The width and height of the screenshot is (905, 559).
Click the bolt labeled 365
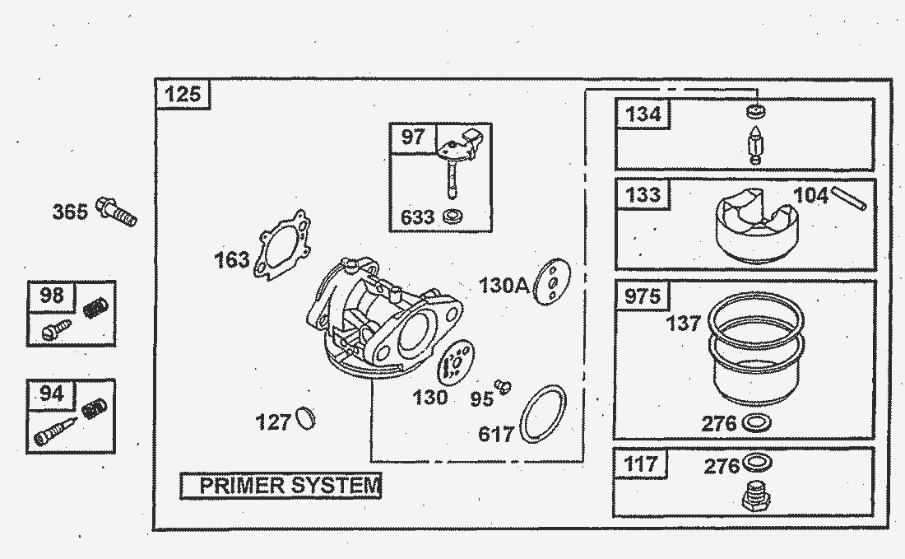click(x=117, y=211)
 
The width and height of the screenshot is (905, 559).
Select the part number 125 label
click(x=183, y=94)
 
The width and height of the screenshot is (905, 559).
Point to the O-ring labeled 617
click(x=544, y=414)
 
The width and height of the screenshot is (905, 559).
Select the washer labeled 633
click(x=451, y=217)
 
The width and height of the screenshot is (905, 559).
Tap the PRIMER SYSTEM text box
click(x=281, y=486)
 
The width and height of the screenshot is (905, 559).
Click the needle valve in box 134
click(x=754, y=145)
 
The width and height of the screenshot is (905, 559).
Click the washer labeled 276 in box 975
click(x=757, y=424)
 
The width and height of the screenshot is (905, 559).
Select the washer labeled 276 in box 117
click(x=757, y=462)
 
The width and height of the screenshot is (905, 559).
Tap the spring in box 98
click(x=96, y=310)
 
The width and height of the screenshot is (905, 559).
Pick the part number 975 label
click(x=643, y=296)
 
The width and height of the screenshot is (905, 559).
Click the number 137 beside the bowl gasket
click(x=684, y=324)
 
